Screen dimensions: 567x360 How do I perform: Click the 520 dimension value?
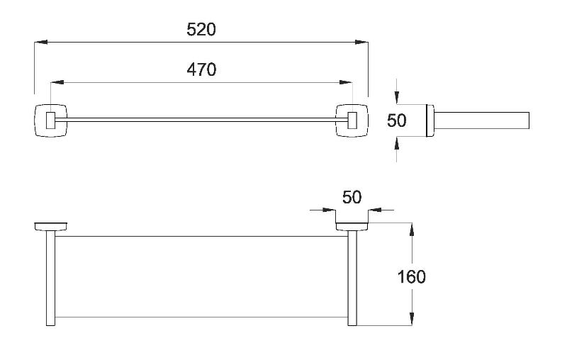[201, 29]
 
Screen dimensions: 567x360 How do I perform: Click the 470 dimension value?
[201, 69]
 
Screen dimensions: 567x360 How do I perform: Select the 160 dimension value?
[412, 277]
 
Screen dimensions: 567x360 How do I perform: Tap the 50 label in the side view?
[397, 120]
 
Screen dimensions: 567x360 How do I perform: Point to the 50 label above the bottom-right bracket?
[352, 197]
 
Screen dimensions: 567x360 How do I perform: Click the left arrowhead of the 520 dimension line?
[41, 43]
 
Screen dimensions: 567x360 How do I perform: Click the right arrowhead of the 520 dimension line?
[361, 43]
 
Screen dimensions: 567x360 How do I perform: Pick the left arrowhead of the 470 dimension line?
[57, 82]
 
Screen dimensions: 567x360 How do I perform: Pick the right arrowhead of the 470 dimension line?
[346, 82]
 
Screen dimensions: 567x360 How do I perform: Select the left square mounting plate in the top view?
[50, 120]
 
